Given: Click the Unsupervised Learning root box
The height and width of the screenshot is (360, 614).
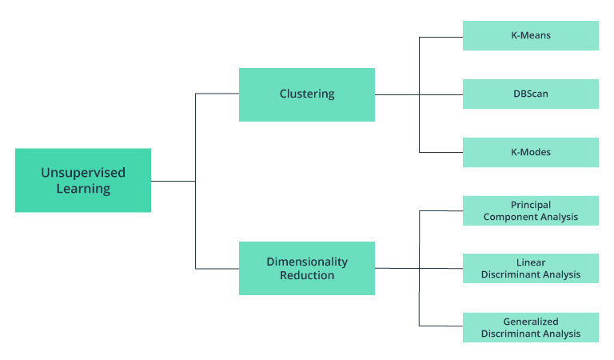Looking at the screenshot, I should tap(83, 180).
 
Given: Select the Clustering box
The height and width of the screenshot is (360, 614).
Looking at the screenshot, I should tap(307, 94).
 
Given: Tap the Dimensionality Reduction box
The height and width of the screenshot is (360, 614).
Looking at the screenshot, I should tap(307, 268).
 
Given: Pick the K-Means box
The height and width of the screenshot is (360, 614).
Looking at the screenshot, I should tap(531, 36).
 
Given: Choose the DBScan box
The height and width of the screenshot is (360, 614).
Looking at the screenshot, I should tap(531, 94).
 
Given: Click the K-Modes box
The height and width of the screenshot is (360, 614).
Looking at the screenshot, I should tap(531, 152).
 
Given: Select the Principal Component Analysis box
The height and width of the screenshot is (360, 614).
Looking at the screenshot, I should tap(531, 210).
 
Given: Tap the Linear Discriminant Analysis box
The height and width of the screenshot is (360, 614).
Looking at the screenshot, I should tap(531, 268).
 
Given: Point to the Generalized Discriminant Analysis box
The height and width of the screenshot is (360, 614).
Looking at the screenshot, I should tap(531, 327).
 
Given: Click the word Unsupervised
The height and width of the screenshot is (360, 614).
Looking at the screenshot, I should tap(83, 172).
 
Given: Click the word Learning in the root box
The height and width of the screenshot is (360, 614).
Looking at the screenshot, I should tap(83, 190).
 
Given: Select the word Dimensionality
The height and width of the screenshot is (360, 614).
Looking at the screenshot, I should tap(307, 262).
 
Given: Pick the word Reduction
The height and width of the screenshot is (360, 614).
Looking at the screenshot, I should tap(307, 275).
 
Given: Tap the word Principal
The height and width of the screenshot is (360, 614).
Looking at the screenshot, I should tap(531, 205).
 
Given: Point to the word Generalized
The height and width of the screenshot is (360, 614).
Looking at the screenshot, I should tap(531, 321).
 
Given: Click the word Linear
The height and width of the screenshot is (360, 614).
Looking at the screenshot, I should tap(531, 262).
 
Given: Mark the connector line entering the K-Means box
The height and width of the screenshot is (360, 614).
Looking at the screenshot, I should tap(441, 37).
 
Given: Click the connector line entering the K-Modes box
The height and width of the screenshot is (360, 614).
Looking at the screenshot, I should tap(441, 152).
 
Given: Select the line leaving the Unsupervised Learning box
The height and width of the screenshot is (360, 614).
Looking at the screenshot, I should tap(173, 181).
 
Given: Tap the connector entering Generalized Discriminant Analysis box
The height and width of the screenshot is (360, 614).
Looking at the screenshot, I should tap(441, 326).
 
